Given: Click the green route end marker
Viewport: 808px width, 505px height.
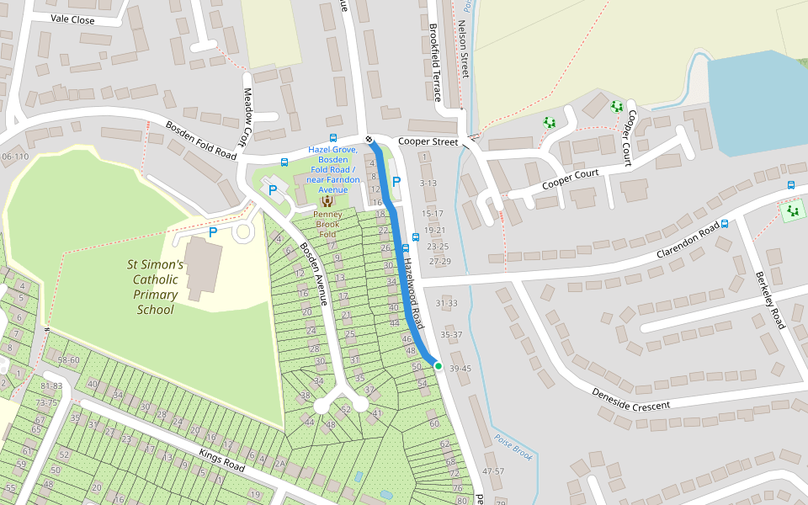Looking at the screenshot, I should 438,365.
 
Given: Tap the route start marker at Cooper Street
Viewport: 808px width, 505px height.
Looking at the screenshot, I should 369,139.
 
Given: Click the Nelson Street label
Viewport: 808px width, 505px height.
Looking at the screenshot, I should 462,50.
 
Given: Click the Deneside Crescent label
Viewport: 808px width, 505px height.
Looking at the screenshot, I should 630,400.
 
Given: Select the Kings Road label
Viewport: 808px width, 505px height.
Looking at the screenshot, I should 221,460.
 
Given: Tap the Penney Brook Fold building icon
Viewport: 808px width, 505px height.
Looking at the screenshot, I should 327,201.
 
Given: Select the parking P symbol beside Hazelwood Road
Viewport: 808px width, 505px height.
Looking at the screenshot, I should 396,182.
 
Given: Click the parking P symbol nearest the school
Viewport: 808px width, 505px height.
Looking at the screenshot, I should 213,231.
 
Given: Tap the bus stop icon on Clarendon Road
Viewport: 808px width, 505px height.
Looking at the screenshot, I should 724,224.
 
